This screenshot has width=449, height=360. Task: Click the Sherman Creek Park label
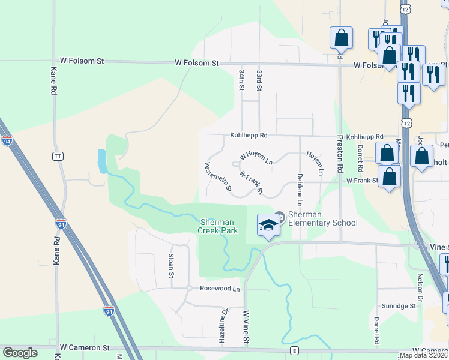tap(218, 226)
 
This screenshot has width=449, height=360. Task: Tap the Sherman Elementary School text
tap(322, 219)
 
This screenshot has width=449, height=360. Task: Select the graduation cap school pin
tap(268, 225)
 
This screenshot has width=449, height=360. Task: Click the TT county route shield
tap(58, 156)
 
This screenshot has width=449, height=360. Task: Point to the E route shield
tap(294, 350)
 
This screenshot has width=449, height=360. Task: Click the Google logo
tap(20, 353)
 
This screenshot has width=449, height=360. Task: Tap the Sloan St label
tap(170, 266)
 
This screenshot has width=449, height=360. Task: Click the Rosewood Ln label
tap(219, 289)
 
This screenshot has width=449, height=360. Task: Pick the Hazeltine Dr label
tap(225, 318)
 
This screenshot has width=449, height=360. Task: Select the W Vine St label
tap(246, 328)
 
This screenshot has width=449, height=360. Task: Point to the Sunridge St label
tap(400, 306)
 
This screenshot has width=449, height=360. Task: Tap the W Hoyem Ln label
tap(256, 157)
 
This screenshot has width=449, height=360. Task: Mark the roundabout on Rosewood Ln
tap(188, 288)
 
